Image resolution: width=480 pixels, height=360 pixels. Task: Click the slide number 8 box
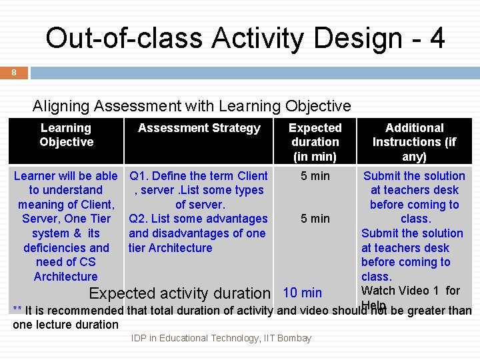coord(14,73)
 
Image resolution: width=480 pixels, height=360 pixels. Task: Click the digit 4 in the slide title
coord(437,39)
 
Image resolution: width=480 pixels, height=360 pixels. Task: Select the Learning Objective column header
coord(66,135)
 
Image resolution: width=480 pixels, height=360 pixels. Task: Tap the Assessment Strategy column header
coord(199,128)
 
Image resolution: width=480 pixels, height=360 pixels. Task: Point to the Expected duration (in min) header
coord(315,142)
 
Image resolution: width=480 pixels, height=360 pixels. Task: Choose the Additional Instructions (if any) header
coord(414,142)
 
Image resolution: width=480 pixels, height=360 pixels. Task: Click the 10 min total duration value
coord(303,293)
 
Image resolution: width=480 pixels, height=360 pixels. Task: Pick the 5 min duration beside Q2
coord(315,219)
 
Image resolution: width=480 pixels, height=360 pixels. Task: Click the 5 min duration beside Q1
coord(315,176)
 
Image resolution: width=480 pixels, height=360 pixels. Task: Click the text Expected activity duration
coord(179,293)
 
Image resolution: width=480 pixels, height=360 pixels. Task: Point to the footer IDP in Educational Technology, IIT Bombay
coord(221,338)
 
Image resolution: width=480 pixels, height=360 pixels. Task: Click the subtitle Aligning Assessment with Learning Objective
coord(191,106)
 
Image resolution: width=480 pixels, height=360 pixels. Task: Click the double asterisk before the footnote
coord(17,310)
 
